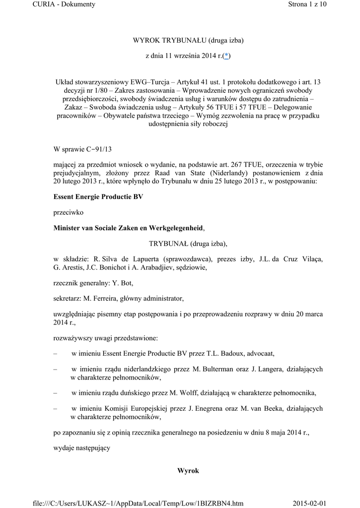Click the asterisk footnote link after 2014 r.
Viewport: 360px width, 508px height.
coord(226,57)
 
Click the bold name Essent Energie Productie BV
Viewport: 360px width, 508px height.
coord(98,196)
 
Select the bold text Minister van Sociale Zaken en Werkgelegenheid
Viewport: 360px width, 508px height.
coord(128,228)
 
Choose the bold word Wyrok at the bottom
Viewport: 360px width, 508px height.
coord(188,470)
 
